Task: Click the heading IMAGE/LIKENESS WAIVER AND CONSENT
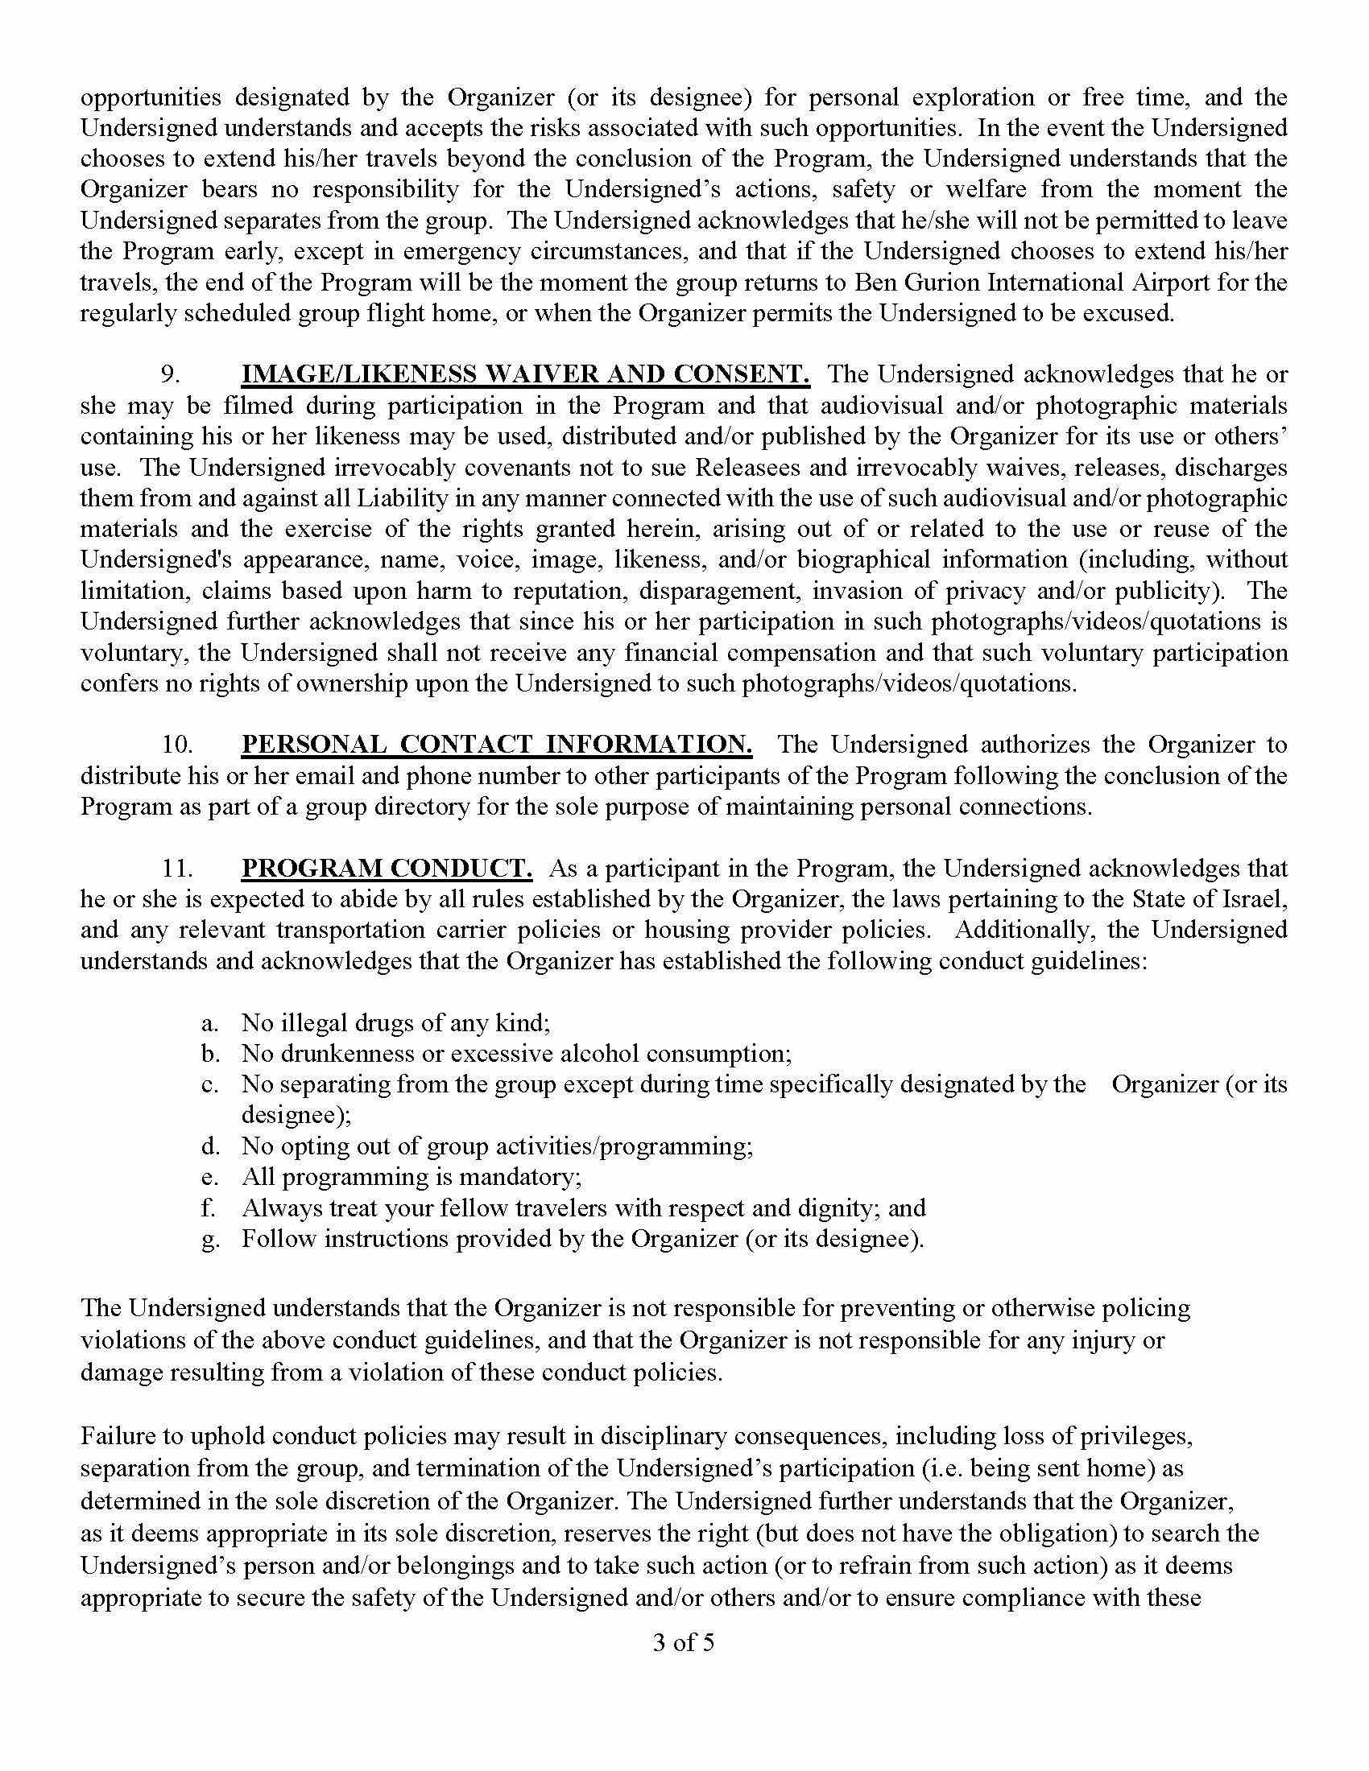click(525, 374)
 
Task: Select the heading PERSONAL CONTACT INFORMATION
click(496, 744)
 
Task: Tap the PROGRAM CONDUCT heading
click(387, 868)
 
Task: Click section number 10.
click(179, 745)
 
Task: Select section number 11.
click(178, 869)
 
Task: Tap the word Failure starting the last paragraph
click(121, 1436)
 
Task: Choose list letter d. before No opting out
click(210, 1146)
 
